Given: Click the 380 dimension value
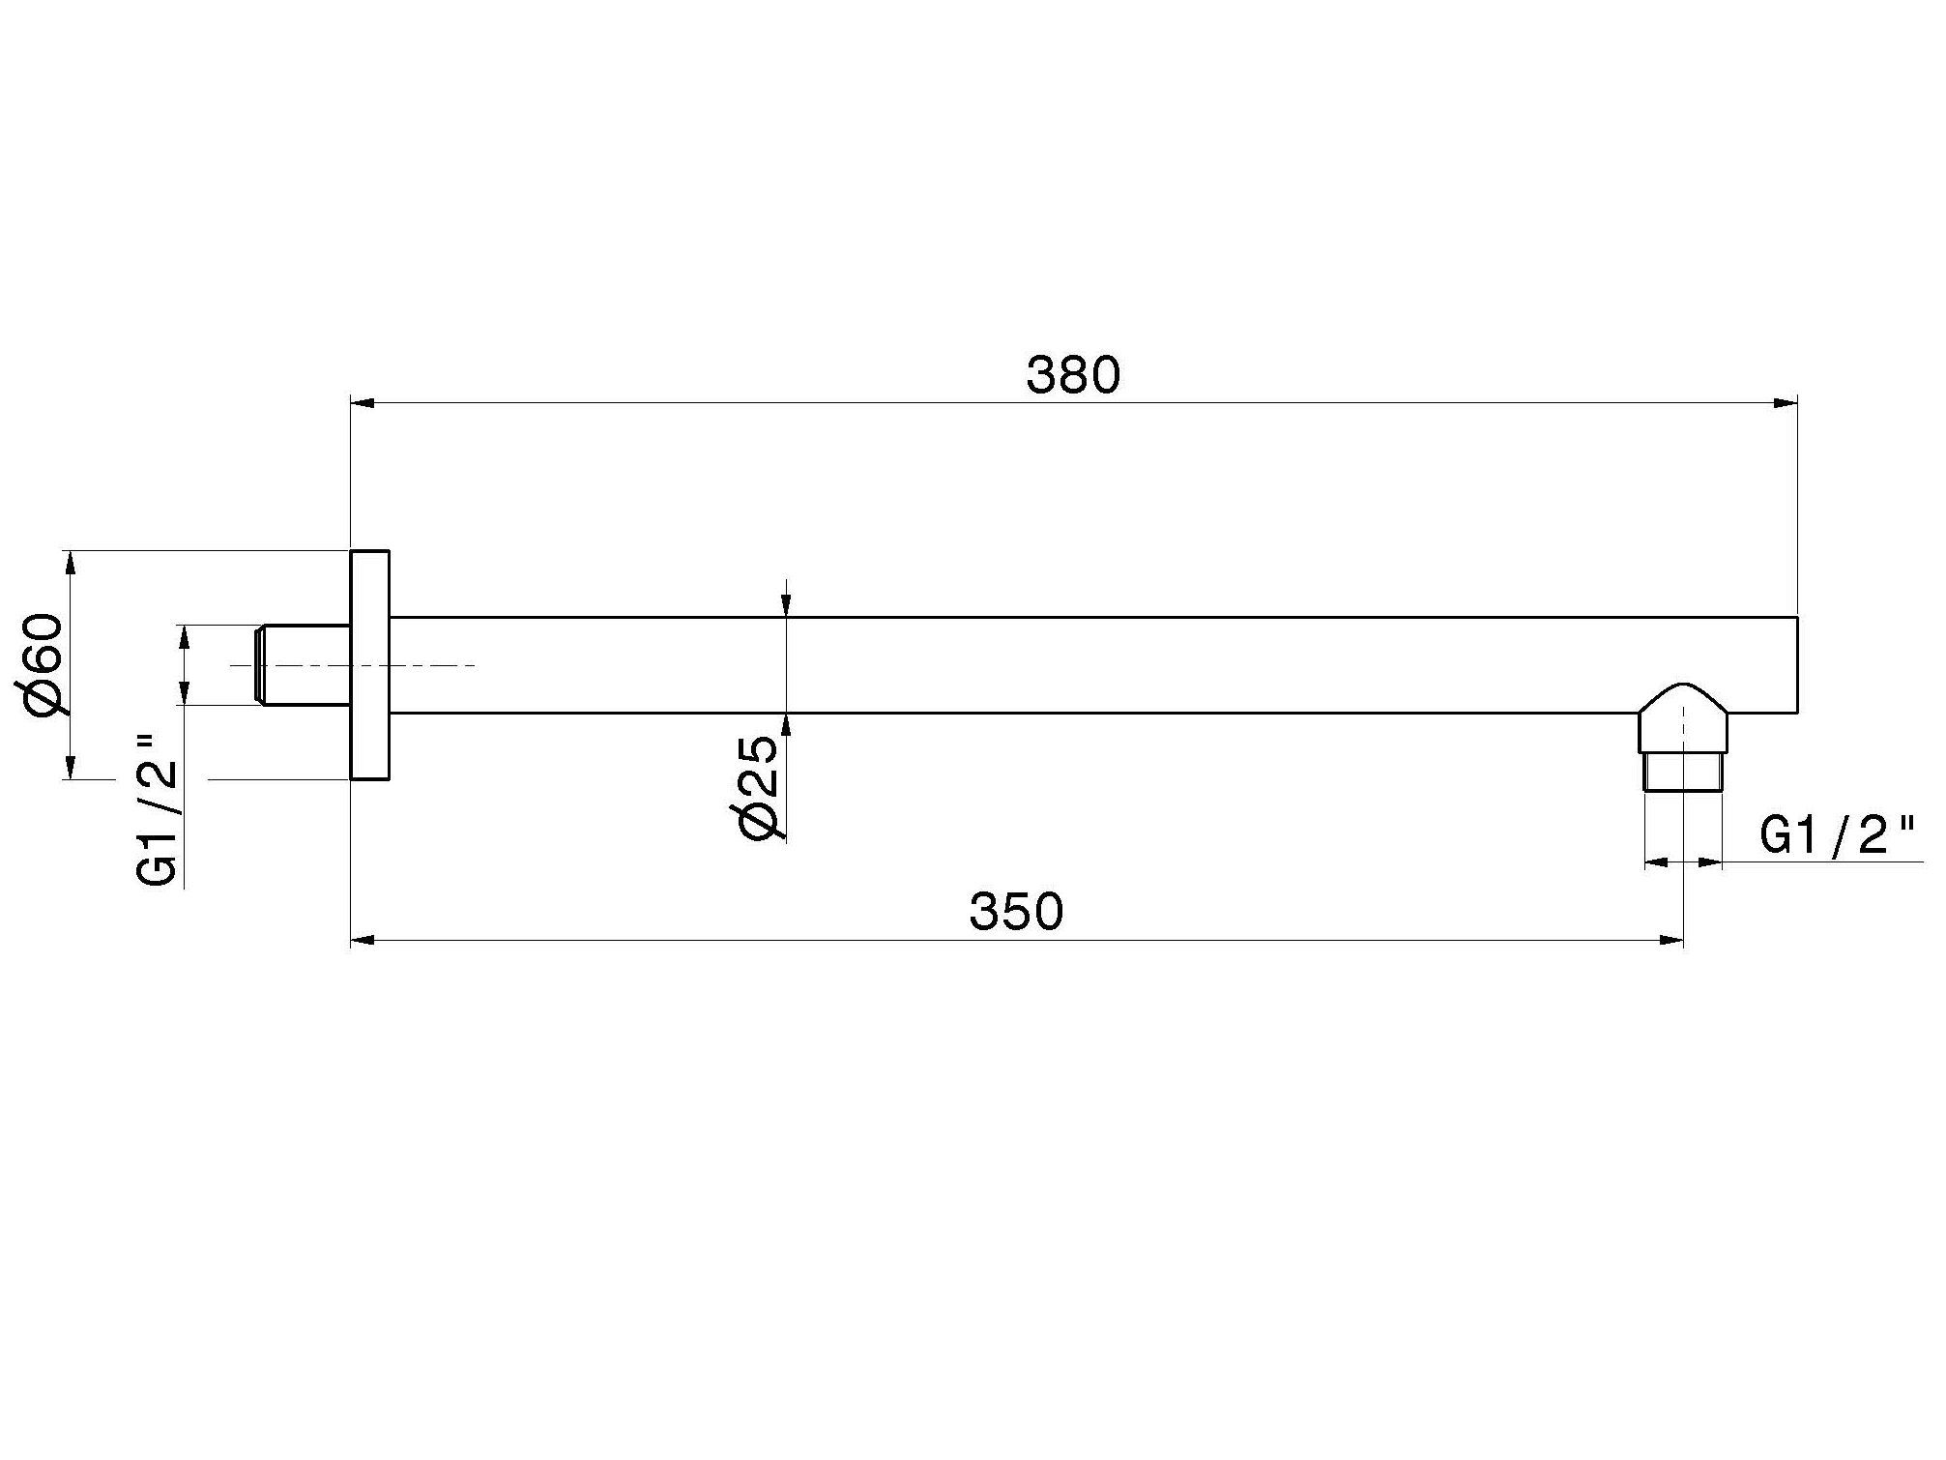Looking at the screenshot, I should [x=1073, y=375].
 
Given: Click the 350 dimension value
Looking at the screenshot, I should [x=1016, y=911].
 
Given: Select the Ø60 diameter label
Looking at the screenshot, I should [x=46, y=665].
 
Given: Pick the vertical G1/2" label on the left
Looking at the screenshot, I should [x=159, y=810].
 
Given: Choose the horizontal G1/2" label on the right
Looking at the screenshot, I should [x=1838, y=835].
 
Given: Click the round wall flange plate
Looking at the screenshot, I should [x=369, y=665].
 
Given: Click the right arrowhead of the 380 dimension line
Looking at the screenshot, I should [x=1785, y=403].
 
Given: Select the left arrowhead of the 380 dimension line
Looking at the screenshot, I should [x=363, y=403].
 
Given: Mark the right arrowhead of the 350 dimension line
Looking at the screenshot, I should [x=1670, y=939].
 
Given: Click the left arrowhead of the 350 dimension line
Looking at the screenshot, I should [x=363, y=939].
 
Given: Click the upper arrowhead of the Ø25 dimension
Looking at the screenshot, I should [x=787, y=604].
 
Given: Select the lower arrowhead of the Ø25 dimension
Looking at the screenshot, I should [x=787, y=725].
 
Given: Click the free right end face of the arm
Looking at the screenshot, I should [x=1796, y=665].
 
